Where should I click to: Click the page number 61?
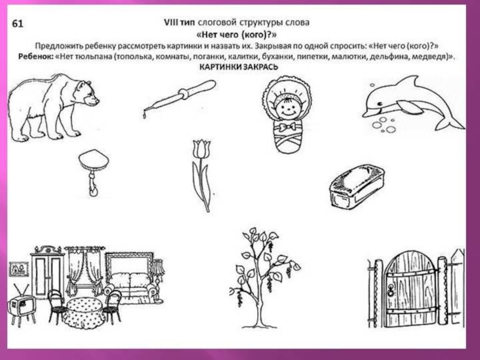tap(17, 23)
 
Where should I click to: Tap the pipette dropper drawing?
tap(179, 97)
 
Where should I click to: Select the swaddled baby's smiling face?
tap(287, 107)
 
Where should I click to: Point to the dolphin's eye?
tap(380, 103)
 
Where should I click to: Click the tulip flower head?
tap(202, 149)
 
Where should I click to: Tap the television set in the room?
tap(21, 305)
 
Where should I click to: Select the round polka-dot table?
tap(84, 312)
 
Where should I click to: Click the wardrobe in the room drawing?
tap(47, 272)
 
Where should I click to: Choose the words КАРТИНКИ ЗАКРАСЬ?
tap(239, 67)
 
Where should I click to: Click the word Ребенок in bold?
tap(36, 56)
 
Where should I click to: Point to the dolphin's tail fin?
tap(449, 122)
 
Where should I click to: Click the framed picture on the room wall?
tap(19, 269)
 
